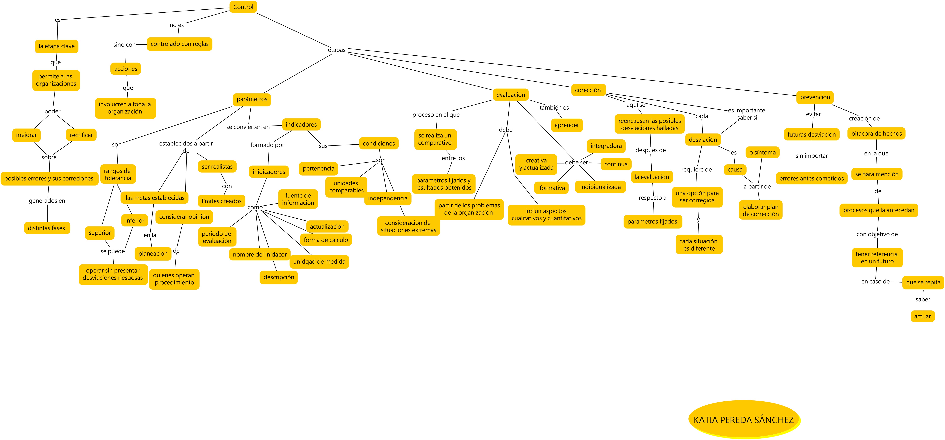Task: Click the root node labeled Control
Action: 243,7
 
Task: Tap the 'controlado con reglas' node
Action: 179,44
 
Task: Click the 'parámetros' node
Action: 252,99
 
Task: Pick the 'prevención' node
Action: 815,97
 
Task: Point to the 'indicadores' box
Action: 301,125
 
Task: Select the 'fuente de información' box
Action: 298,199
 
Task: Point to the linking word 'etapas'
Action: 336,50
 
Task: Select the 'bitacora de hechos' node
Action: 876,134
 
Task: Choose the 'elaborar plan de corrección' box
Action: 760,210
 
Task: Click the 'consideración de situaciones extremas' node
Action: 408,226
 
